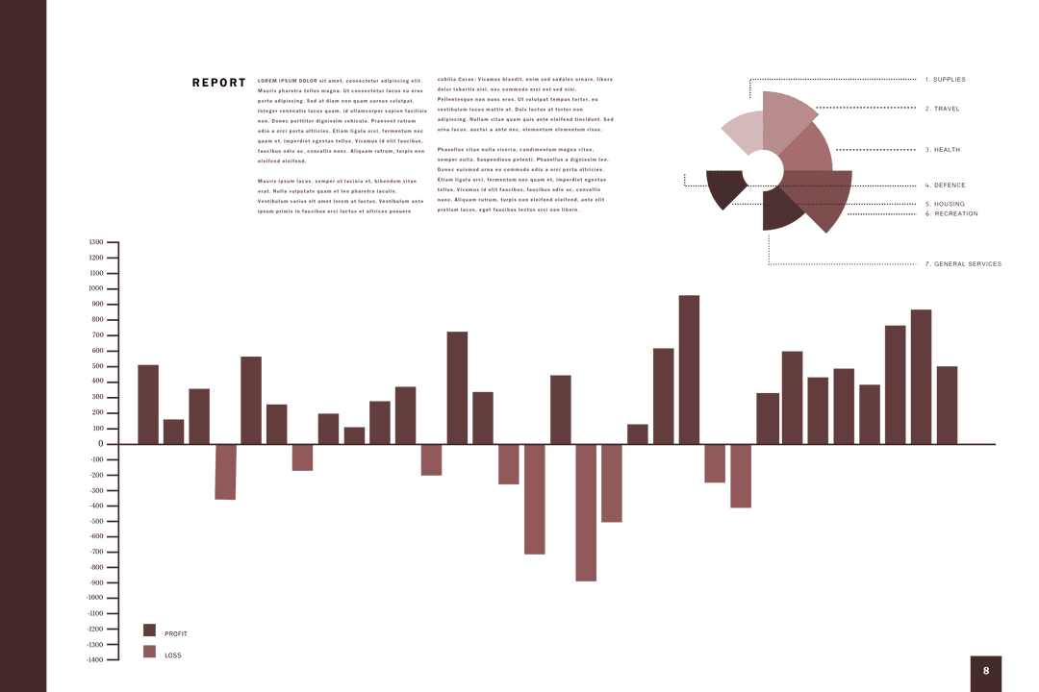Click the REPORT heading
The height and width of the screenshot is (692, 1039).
coord(218,83)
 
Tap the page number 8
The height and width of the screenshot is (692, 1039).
coord(985,671)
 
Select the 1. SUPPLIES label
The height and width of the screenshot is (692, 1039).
coord(945,80)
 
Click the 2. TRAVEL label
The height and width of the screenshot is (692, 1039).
coord(942,109)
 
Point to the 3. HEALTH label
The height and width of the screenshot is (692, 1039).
coord(943,150)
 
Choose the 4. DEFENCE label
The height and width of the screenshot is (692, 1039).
coord(945,185)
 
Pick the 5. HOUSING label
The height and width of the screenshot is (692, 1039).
coord(945,204)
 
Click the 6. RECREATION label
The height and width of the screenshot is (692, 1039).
coord(950,213)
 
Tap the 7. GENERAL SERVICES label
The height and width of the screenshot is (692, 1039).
coord(962,263)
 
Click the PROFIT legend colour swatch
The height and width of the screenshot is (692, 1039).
coord(149,630)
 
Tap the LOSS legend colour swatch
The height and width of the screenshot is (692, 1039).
coord(149,652)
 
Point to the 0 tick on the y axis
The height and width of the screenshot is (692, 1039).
coord(100,443)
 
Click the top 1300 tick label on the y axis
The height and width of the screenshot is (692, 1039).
coord(95,242)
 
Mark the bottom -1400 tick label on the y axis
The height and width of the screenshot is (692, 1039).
coord(94,659)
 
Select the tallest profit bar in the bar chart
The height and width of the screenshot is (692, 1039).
coord(689,369)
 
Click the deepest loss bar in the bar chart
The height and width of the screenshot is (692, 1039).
coord(585,512)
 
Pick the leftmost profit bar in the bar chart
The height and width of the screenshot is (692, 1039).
coord(148,404)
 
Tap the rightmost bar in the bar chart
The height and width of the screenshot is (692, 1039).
coord(947,405)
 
